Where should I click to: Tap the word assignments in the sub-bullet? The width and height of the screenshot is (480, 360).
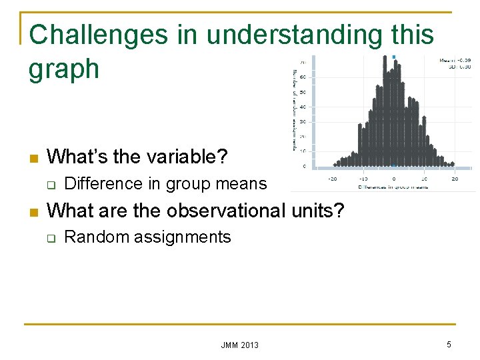pyautogui.click(x=181, y=237)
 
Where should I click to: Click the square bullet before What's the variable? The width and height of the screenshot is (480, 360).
pyautogui.click(x=34, y=159)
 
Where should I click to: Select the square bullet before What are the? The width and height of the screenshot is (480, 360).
pyautogui.click(x=34, y=213)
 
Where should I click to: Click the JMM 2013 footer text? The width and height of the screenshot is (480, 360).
pyautogui.click(x=240, y=345)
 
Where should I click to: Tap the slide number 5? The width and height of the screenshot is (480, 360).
pyautogui.click(x=449, y=344)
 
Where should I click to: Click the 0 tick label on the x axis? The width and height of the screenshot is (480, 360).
pyautogui.click(x=393, y=178)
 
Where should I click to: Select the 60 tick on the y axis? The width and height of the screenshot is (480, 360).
pyautogui.click(x=303, y=77)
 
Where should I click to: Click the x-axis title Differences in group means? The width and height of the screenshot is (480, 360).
pyautogui.click(x=392, y=187)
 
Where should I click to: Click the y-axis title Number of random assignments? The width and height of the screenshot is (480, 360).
pyautogui.click(x=294, y=110)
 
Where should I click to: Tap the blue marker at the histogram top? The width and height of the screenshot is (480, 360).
pyautogui.click(x=393, y=57)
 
